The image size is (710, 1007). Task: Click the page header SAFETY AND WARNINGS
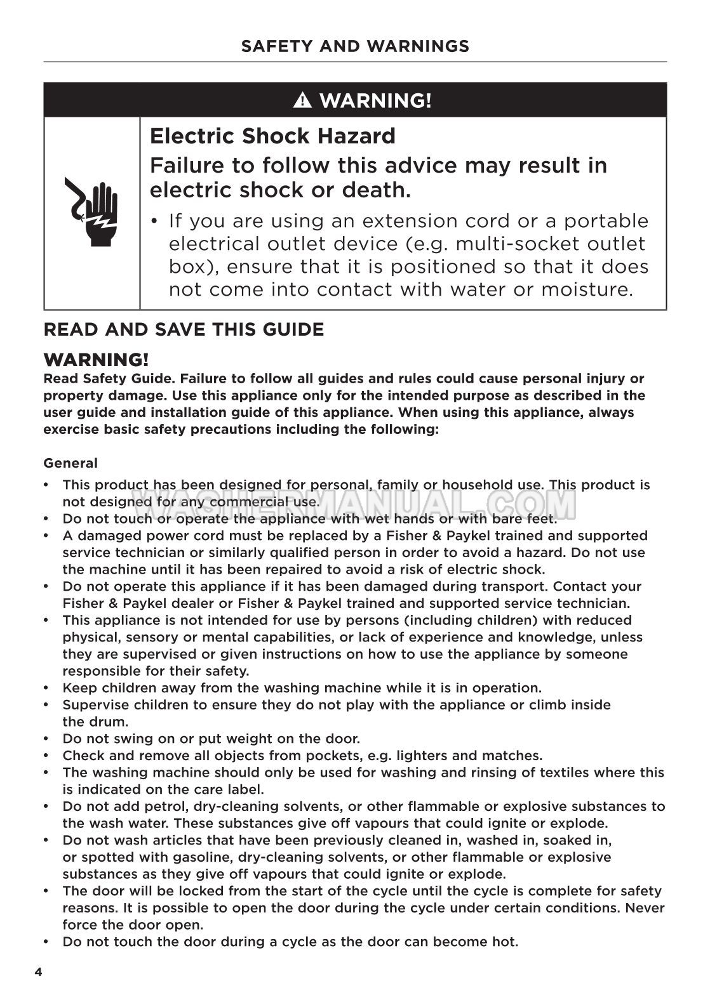tap(355, 46)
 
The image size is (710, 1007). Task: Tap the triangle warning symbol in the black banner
tap(302, 100)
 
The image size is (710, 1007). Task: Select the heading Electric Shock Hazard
tap(272, 136)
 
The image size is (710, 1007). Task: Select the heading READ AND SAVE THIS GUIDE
tap(184, 329)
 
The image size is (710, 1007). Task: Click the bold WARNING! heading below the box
tap(96, 360)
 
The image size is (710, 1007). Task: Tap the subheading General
tap(70, 463)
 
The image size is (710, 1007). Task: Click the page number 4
tap(38, 973)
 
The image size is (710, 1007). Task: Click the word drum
tap(112, 721)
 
